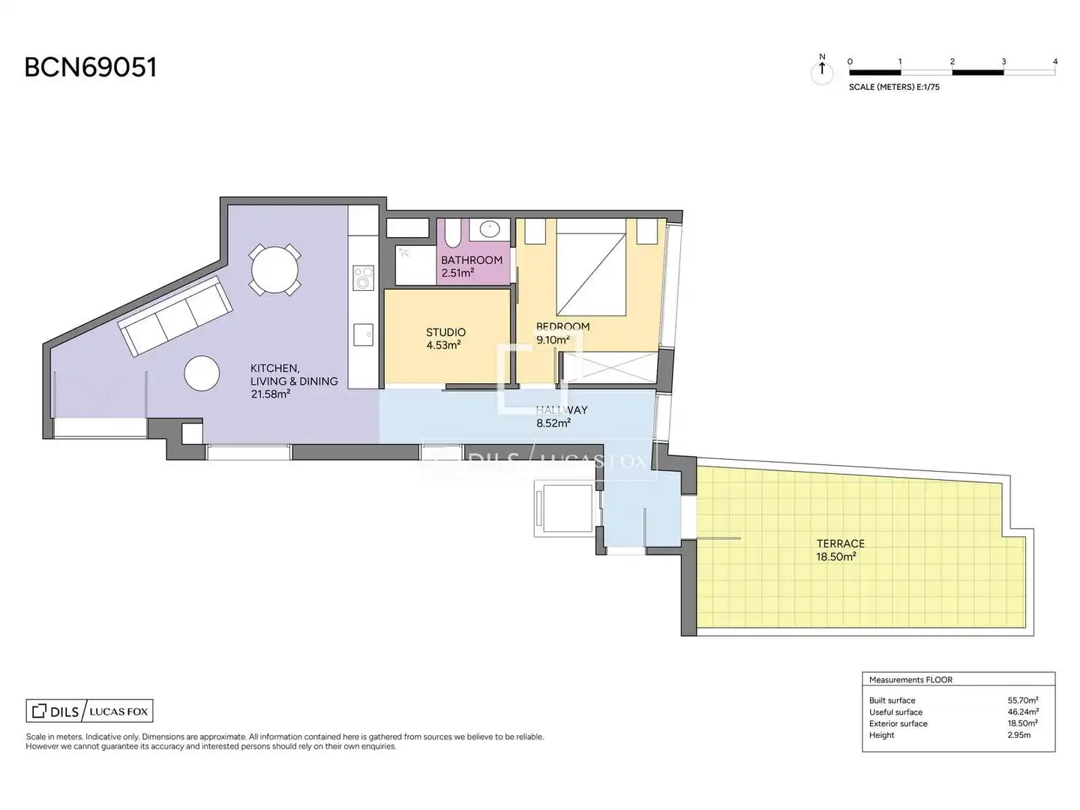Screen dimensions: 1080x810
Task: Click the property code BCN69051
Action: coord(91,67)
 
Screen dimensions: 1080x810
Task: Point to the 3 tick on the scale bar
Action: coord(1003,62)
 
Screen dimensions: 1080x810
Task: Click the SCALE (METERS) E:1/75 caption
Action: coord(894,87)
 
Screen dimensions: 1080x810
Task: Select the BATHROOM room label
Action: coord(472,260)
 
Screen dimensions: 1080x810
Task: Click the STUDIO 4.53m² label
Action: coord(445,338)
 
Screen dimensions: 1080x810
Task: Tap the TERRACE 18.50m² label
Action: coord(840,550)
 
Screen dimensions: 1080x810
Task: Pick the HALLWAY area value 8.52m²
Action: coord(553,423)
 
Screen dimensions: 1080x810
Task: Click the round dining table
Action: coord(274,270)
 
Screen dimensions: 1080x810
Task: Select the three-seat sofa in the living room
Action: coord(175,315)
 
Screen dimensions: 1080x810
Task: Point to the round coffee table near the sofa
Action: coord(202,373)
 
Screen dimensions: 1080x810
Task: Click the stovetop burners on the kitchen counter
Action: coord(363,277)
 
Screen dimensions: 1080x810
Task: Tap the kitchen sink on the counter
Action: coord(363,334)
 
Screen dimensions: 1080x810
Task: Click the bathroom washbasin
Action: coord(489,229)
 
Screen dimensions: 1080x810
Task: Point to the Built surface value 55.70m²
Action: coord(1023,700)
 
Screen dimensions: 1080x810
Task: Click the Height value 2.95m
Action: coord(1019,735)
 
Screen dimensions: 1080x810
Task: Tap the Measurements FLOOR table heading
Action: coord(910,679)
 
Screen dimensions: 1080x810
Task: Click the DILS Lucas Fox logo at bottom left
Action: coord(89,711)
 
